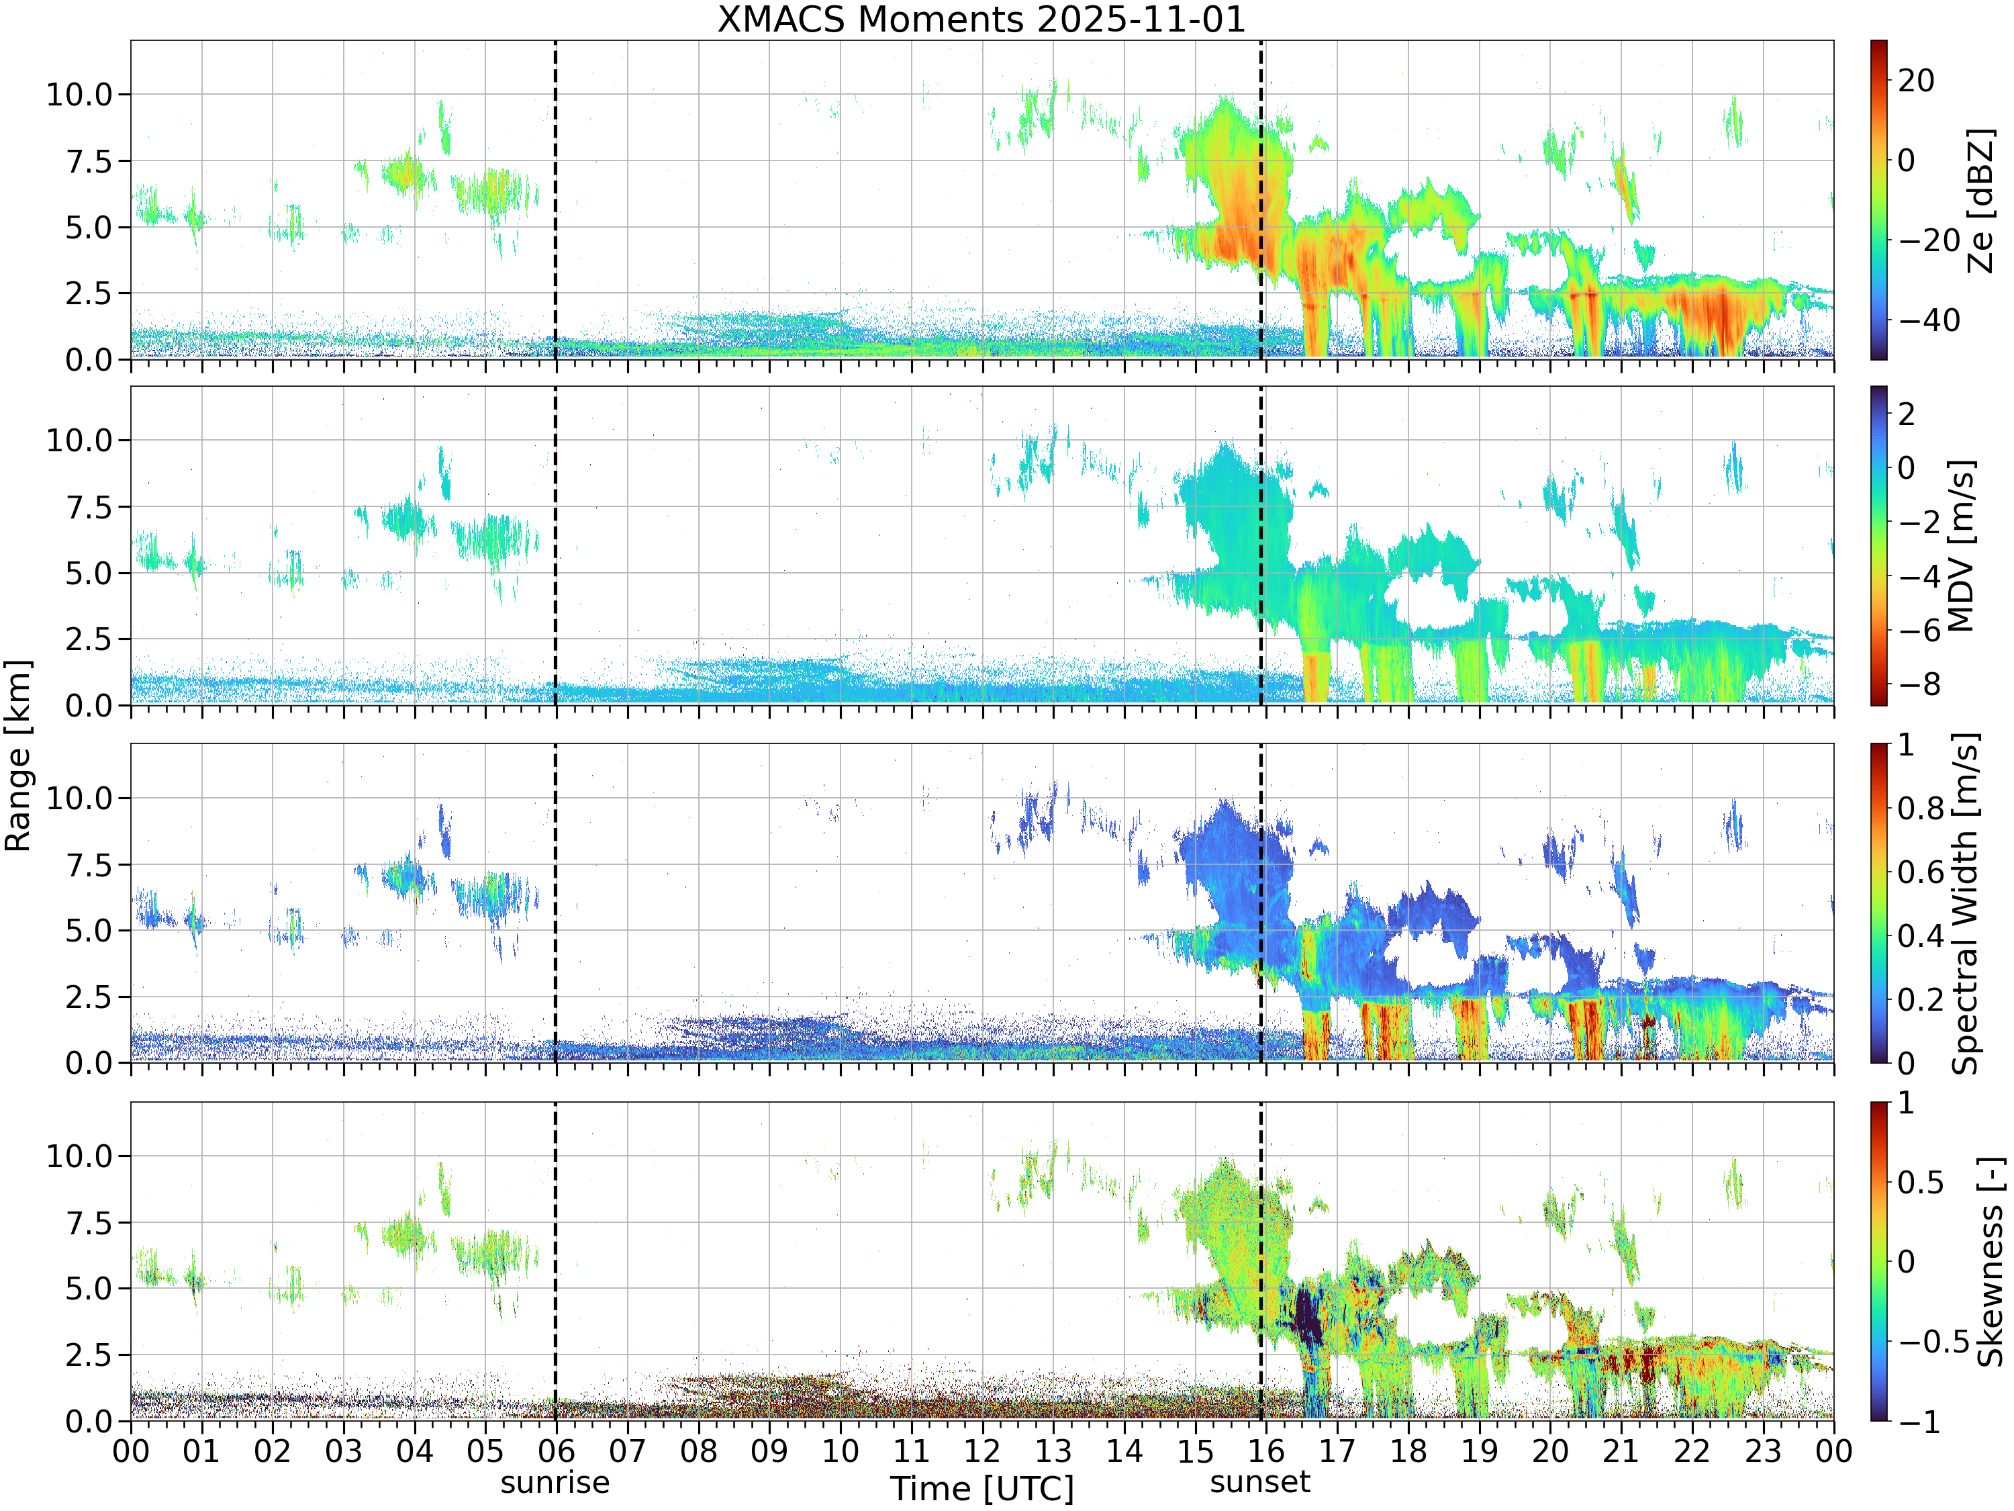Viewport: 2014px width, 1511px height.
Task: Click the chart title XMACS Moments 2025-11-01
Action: tap(981, 19)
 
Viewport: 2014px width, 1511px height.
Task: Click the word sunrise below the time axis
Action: tap(555, 1482)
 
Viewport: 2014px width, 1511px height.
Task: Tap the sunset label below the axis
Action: tap(1260, 1482)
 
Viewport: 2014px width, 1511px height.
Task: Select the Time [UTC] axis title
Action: tap(981, 1489)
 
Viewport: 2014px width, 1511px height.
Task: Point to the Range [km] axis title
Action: tap(17, 756)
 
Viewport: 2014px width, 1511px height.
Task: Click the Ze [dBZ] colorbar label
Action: tap(1980, 200)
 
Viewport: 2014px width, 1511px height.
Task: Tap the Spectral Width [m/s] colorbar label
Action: tap(1966, 903)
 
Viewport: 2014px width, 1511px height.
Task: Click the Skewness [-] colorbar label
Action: tap(1989, 1261)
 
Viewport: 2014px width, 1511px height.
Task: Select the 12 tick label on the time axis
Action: tap(981, 1450)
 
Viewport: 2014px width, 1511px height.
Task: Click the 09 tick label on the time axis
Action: tap(769, 1450)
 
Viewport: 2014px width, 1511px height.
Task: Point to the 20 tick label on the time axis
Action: tap(1549, 1450)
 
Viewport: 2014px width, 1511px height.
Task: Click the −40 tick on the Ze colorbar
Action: tap(1929, 320)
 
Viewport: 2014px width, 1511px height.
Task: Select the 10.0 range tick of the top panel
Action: tap(79, 94)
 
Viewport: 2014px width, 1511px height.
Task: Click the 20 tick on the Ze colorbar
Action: tap(1917, 80)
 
